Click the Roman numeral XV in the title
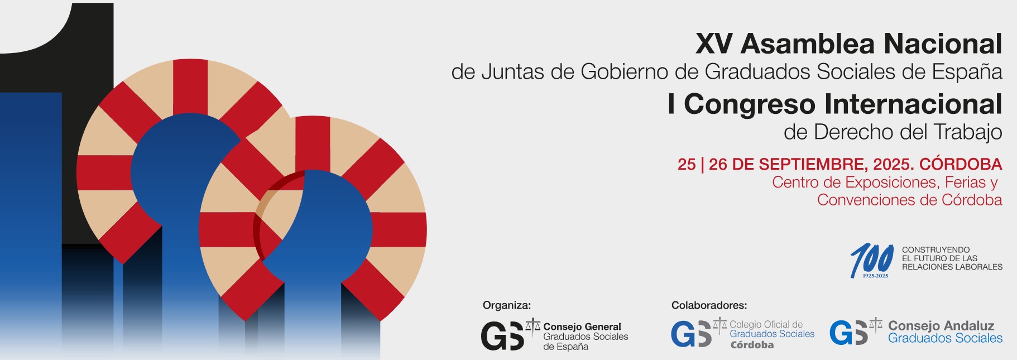[714, 44]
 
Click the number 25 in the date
[687, 164]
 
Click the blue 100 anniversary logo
[871, 260]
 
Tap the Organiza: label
[507, 305]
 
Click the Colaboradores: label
[709, 305]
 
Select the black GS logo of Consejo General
[502, 335]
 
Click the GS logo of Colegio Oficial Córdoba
[692, 334]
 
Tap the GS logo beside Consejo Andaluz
[849, 333]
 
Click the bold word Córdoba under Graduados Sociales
[752, 345]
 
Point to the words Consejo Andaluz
[941, 325]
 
